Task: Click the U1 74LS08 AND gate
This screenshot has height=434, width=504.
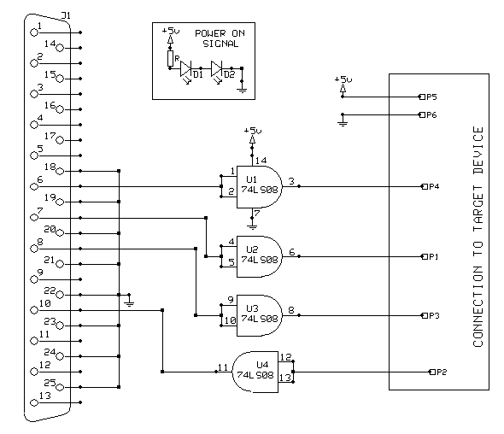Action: tap(259, 187)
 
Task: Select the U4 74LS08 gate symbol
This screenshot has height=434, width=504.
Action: tap(255, 372)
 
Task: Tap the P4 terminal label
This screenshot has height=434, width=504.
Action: tap(434, 186)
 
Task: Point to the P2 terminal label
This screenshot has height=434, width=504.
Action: tap(442, 372)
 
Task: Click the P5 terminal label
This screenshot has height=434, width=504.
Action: tap(431, 97)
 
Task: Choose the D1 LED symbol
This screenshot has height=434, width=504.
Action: tap(185, 69)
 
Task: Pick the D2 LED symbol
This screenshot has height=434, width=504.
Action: tap(217, 69)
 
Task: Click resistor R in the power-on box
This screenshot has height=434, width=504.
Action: tap(170, 58)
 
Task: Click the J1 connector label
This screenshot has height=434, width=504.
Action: tap(66, 15)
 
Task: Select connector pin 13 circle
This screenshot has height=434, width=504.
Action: tap(34, 402)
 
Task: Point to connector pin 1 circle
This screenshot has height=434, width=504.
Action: tap(34, 32)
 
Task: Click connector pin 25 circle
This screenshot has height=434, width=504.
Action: tap(60, 387)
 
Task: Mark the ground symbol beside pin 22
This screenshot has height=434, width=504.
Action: tap(129, 302)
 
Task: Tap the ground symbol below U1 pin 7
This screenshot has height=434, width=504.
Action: tap(252, 226)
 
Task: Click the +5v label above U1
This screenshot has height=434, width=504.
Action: tap(253, 131)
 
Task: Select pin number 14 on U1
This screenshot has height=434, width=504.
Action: tap(261, 161)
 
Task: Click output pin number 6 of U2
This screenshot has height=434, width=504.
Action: tap(292, 252)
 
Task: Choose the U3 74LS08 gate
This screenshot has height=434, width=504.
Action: tap(259, 315)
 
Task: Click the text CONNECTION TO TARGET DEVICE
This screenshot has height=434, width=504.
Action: tap(478, 237)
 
